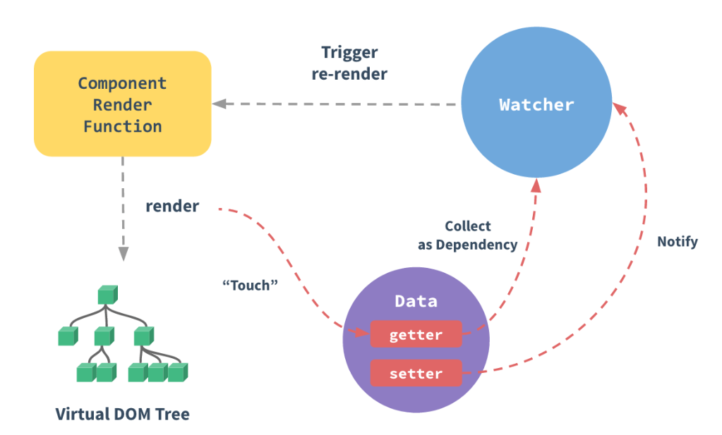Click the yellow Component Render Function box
click(123, 104)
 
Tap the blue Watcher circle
click(536, 102)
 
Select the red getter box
click(416, 334)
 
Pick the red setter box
click(416, 373)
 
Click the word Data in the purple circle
click(416, 301)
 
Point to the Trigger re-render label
click(349, 63)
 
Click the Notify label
click(678, 242)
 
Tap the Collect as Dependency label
click(467, 235)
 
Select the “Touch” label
click(250, 286)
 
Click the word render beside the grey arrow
click(172, 206)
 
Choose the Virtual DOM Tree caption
click(123, 414)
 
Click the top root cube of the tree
click(108, 295)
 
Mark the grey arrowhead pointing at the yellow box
click(219, 104)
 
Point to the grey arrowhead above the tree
click(124, 254)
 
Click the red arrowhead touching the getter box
click(363, 331)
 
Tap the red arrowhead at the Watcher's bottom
click(536, 185)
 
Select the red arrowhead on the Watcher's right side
click(620, 109)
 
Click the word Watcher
click(536, 105)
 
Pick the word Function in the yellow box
click(123, 126)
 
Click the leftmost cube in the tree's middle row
click(68, 336)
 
